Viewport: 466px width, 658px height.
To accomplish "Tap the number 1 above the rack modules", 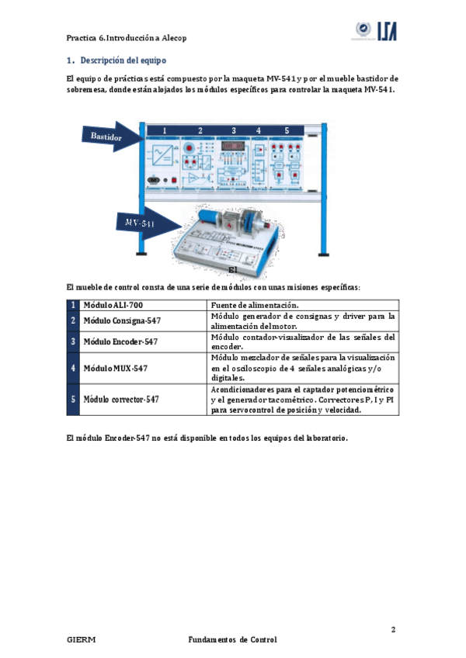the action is click(x=164, y=130).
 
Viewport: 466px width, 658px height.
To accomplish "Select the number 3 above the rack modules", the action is click(x=234, y=130).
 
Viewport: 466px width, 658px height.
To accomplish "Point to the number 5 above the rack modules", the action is click(x=287, y=130).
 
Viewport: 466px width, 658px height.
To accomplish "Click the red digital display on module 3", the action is click(x=234, y=145).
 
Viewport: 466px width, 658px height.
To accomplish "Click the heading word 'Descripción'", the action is click(x=102, y=60).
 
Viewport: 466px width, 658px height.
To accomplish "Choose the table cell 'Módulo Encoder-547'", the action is click(x=120, y=341).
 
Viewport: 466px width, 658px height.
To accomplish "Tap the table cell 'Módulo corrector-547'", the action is click(x=121, y=400).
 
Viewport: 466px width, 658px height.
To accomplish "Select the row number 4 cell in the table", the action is click(x=73, y=367).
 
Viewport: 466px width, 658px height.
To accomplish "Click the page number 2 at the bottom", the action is click(x=394, y=629).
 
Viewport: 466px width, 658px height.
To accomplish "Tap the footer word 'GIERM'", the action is click(x=81, y=640).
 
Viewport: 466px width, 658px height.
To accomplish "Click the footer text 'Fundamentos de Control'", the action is click(x=232, y=640).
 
